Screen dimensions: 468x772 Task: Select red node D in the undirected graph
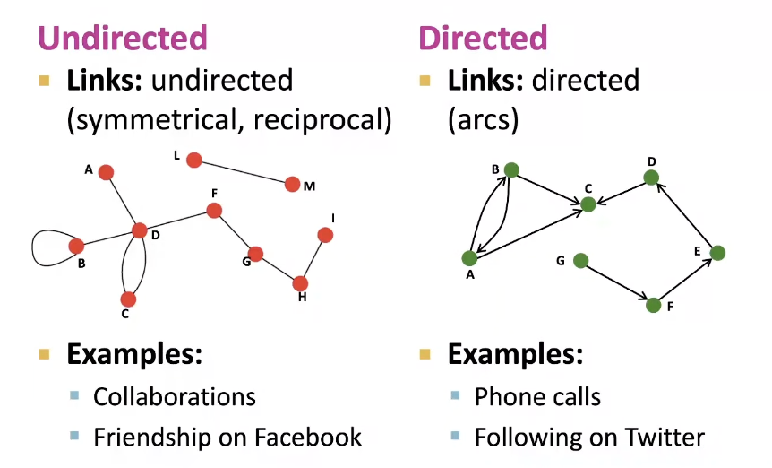coord(139,230)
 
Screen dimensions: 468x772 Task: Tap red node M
coord(292,185)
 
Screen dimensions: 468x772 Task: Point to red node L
coord(193,160)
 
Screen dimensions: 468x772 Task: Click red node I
coord(325,235)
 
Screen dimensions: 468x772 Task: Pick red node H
coord(300,283)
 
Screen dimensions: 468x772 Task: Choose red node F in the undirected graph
coord(214,211)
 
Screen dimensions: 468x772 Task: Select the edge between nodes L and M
coord(243,172)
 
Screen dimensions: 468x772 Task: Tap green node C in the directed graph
coord(588,204)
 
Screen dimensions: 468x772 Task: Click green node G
coord(580,261)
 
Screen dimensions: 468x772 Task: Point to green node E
coord(716,253)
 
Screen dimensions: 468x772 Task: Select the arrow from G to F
coord(617,283)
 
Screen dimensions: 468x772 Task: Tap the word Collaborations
coord(174,396)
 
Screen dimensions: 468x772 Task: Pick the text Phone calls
coord(537,396)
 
